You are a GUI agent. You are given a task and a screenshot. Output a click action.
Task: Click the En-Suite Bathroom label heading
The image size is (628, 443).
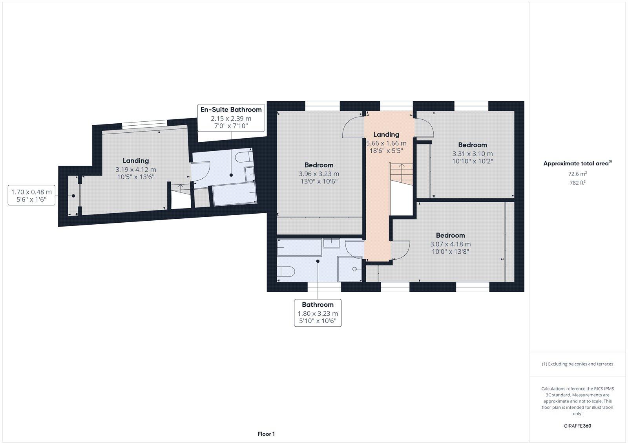(x=231, y=110)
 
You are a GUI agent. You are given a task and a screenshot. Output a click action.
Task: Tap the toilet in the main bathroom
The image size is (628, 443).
(x=286, y=272)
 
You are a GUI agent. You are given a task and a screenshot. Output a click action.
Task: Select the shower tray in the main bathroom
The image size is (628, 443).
(x=350, y=269)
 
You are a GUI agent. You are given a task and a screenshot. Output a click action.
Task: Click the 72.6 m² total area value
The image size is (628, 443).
(x=577, y=174)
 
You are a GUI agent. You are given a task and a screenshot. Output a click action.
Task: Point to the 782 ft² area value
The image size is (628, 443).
(x=577, y=183)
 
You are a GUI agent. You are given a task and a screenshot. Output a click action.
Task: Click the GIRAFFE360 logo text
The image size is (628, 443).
(x=577, y=426)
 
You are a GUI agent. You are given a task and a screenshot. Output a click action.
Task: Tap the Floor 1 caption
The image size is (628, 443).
(x=266, y=434)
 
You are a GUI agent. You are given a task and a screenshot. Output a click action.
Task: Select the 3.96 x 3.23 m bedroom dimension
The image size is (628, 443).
(x=319, y=174)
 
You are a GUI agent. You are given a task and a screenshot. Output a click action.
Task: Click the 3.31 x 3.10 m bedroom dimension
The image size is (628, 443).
(x=473, y=154)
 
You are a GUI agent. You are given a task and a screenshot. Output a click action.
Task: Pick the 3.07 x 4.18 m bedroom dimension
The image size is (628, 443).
(x=450, y=244)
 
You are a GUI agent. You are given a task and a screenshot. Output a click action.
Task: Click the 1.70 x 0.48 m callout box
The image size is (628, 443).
(x=31, y=196)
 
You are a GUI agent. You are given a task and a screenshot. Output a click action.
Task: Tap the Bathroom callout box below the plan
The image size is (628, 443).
(x=318, y=313)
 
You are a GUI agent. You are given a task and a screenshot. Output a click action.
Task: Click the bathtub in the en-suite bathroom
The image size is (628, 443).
(x=234, y=195)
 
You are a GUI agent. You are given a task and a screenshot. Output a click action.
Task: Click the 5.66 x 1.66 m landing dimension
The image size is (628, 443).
(x=386, y=143)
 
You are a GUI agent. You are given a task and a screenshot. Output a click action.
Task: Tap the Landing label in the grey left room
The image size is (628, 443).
(x=135, y=161)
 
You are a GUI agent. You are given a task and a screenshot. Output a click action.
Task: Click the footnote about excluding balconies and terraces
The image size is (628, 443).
(x=577, y=364)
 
